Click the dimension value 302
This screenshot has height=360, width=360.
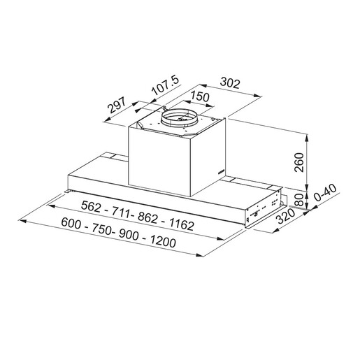(x=230, y=83)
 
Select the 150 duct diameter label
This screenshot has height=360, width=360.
(x=200, y=96)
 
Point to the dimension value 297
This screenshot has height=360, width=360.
(x=117, y=105)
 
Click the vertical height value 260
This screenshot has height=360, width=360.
(x=299, y=162)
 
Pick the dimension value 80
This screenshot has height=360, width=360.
(x=299, y=200)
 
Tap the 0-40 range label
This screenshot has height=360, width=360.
(x=326, y=192)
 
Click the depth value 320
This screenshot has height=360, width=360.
(x=285, y=216)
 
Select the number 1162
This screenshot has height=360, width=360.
(x=182, y=224)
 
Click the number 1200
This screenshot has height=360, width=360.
(x=163, y=241)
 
